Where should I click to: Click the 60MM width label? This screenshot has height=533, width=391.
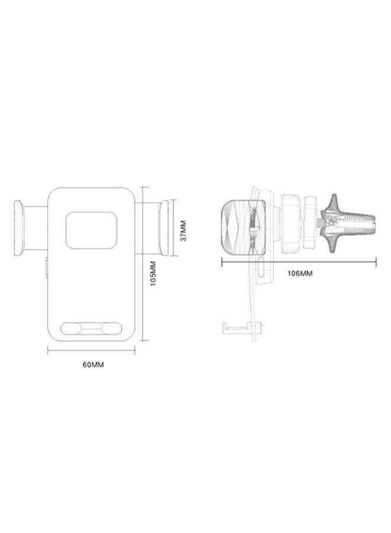(x=93, y=365)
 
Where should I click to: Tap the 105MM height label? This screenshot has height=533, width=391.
(x=153, y=273)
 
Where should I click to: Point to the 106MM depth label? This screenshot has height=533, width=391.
(x=300, y=273)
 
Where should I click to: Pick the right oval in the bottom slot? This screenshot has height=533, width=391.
(x=111, y=329)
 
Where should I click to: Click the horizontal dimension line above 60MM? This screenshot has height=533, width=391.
(x=91, y=351)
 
